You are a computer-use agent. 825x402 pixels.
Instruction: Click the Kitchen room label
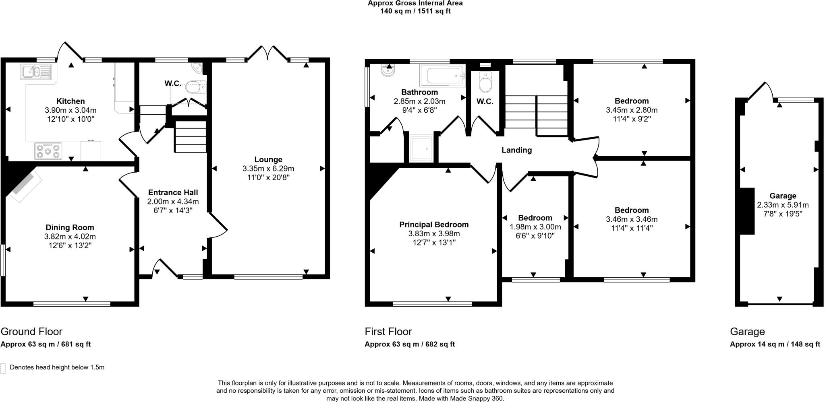[x=70, y=101]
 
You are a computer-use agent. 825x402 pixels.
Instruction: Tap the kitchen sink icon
[x=36, y=72]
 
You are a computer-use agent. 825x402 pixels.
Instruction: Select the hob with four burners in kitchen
[x=48, y=151]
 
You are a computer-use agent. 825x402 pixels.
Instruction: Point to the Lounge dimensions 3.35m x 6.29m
[x=268, y=169]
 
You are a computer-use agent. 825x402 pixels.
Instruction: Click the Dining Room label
[x=70, y=228]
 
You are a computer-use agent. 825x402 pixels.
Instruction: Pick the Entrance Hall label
[x=173, y=193]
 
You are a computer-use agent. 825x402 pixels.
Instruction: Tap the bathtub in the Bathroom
[x=442, y=75]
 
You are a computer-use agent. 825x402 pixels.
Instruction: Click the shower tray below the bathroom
[x=421, y=148]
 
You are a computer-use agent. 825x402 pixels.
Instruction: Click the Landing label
[x=516, y=150]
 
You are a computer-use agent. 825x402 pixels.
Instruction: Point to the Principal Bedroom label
[x=434, y=225]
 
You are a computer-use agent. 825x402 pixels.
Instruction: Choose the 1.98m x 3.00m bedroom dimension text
[x=535, y=227]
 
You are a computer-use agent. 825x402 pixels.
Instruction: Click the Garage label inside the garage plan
[x=783, y=196]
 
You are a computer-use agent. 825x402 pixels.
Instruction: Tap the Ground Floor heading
[x=31, y=332]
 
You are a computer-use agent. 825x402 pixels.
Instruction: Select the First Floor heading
[x=388, y=332]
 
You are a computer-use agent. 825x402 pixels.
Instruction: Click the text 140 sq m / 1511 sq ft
[x=415, y=11]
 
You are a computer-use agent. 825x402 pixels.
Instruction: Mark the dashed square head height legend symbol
[x=3, y=368]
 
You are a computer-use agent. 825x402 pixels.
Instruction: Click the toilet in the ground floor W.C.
[x=197, y=87]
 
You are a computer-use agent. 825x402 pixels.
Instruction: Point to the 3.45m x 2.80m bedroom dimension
[x=632, y=110]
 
